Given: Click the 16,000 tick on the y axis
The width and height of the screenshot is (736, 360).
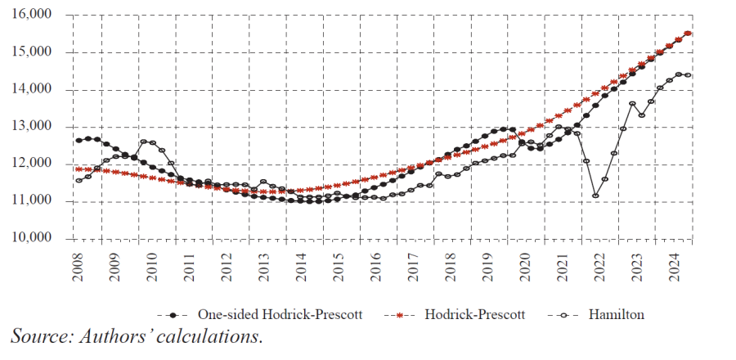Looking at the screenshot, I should tap(30, 15).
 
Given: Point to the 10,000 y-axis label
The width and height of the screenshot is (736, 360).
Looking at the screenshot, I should tap(30, 238).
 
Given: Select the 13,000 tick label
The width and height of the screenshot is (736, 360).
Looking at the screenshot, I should tap(30, 127).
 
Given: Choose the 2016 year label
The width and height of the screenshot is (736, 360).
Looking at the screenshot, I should tap(376, 265).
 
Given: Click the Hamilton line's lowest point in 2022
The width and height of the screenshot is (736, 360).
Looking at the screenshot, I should tap(596, 196).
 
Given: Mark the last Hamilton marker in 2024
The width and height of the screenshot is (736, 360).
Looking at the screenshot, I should tap(688, 75).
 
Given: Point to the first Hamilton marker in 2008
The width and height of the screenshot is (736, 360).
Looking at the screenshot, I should tap(79, 181).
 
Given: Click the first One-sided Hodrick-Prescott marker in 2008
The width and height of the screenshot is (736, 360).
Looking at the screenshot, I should tap(79, 141).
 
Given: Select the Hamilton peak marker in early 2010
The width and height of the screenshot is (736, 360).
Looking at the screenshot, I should tap(143, 142).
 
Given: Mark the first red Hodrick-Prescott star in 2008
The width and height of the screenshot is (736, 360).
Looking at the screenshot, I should tap(79, 169).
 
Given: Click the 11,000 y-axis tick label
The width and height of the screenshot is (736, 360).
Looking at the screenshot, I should tap(30, 201).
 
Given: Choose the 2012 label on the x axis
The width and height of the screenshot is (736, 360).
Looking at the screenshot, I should tap(227, 265).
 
